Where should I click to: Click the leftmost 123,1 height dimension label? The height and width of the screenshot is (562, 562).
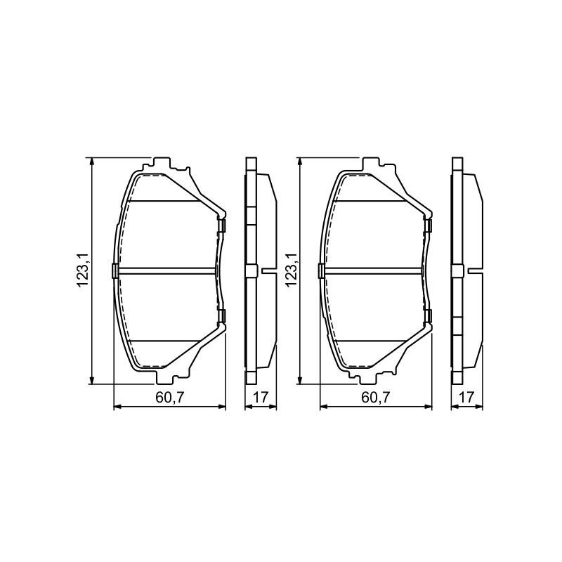(x=82, y=270)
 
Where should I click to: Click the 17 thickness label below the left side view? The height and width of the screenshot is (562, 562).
(x=261, y=397)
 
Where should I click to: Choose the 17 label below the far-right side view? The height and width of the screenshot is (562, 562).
(x=466, y=397)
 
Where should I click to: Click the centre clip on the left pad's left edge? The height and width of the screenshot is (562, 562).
(x=115, y=270)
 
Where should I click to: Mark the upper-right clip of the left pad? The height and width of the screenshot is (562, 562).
(x=221, y=226)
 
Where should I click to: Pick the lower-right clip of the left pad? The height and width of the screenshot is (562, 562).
(x=221, y=315)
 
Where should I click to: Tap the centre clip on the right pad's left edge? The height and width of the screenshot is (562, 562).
(x=321, y=270)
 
